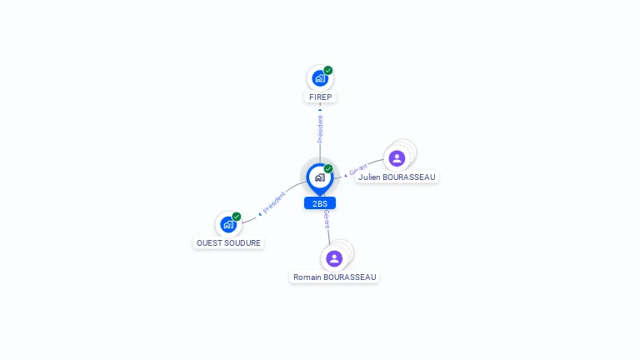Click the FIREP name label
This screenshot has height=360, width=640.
(x=320, y=97)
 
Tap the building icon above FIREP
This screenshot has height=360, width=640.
(x=319, y=78)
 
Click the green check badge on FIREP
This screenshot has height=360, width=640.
(x=328, y=71)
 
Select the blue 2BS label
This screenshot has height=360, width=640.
(x=320, y=203)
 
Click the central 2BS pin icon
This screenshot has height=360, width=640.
(x=319, y=177)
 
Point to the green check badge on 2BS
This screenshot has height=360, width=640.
(x=328, y=169)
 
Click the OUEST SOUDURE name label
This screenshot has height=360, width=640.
(x=228, y=243)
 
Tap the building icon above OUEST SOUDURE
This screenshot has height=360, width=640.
(x=227, y=224)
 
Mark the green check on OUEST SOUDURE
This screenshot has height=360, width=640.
(x=237, y=217)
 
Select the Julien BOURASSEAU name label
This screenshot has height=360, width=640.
(x=397, y=177)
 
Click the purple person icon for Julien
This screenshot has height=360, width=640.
(x=397, y=158)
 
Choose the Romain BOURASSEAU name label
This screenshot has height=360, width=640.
(x=334, y=277)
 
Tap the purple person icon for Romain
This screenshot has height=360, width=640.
(x=334, y=258)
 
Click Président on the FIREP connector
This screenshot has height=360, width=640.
(x=320, y=129)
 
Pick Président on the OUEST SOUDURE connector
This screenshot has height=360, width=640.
(x=274, y=202)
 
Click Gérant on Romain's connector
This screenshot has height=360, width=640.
(x=327, y=220)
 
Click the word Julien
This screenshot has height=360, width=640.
(x=370, y=177)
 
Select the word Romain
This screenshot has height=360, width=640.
(x=307, y=277)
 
